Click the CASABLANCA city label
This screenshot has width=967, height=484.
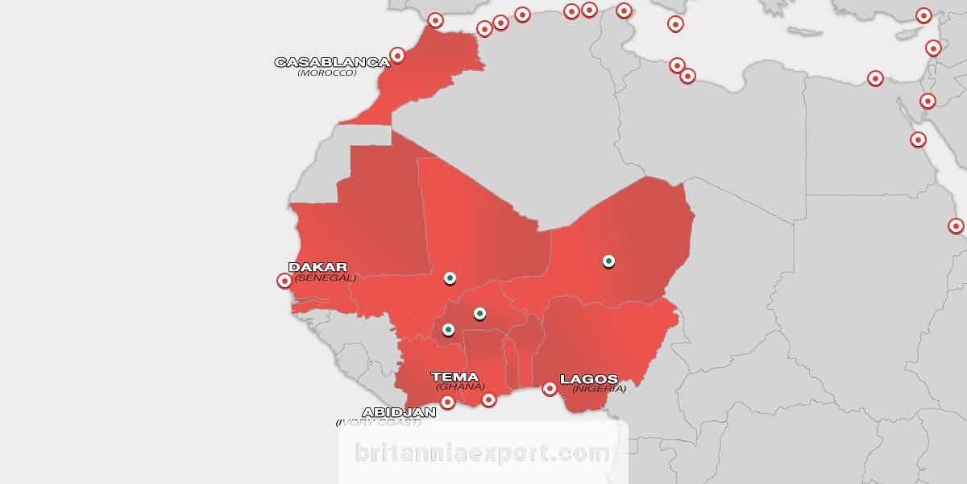[x=332, y=62]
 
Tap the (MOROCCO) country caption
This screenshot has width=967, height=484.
[x=326, y=73]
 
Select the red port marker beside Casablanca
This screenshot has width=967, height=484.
[x=397, y=56]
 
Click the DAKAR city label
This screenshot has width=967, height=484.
[x=317, y=267]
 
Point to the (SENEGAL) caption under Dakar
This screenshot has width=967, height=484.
[x=325, y=277]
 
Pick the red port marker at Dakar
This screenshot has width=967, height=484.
[x=284, y=281]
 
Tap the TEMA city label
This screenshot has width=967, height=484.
[x=454, y=377]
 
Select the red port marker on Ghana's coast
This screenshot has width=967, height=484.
[x=488, y=399]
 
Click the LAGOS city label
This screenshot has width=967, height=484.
[x=588, y=378]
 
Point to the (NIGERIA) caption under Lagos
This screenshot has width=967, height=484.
[x=599, y=389]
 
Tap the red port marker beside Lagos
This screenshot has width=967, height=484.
[x=550, y=389]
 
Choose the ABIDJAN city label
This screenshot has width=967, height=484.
[x=399, y=411]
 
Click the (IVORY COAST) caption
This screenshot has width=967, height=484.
[x=378, y=422]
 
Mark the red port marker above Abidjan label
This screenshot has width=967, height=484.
[x=448, y=401]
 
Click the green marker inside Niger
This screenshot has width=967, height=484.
[x=609, y=260]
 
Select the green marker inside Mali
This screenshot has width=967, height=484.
[x=450, y=277]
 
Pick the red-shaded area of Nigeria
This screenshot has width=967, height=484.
[x=612, y=339]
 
